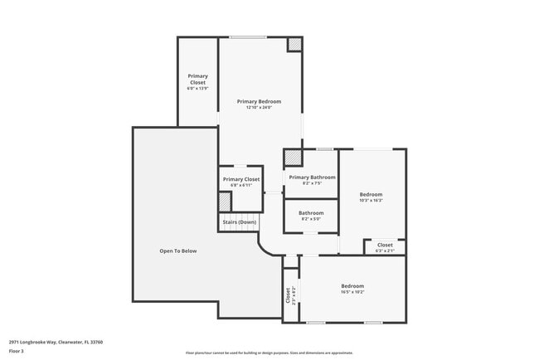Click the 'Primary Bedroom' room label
(259, 101)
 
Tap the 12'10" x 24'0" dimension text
(259, 108)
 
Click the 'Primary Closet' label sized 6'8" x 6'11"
(240, 179)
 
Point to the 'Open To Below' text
(178, 251)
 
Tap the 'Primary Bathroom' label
(312, 177)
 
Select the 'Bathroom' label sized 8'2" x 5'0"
(311, 212)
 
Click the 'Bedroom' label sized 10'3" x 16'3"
(371, 194)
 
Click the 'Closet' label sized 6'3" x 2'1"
(385, 245)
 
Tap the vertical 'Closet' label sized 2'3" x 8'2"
(289, 294)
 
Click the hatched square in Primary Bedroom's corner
(294, 45)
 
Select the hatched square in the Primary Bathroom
(293, 158)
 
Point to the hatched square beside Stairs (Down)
(224, 202)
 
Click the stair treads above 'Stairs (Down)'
(238, 214)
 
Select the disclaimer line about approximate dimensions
(269, 353)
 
